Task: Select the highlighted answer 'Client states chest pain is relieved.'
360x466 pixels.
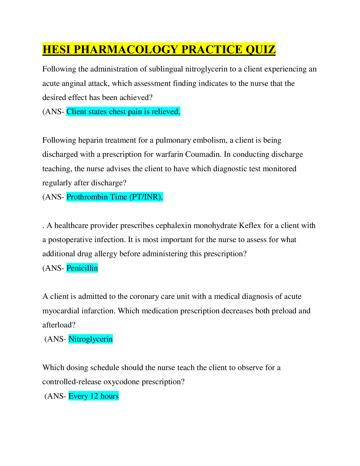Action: [x=123, y=112]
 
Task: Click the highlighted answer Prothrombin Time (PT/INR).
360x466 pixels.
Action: [x=114, y=197]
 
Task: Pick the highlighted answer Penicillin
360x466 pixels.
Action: [x=82, y=268]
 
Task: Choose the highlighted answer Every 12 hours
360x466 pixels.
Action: [x=94, y=396]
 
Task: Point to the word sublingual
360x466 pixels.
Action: [x=166, y=69]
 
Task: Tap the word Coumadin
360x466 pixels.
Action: [x=203, y=154]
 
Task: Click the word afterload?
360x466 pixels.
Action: [x=59, y=325]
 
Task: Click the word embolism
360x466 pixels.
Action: [x=211, y=140]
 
